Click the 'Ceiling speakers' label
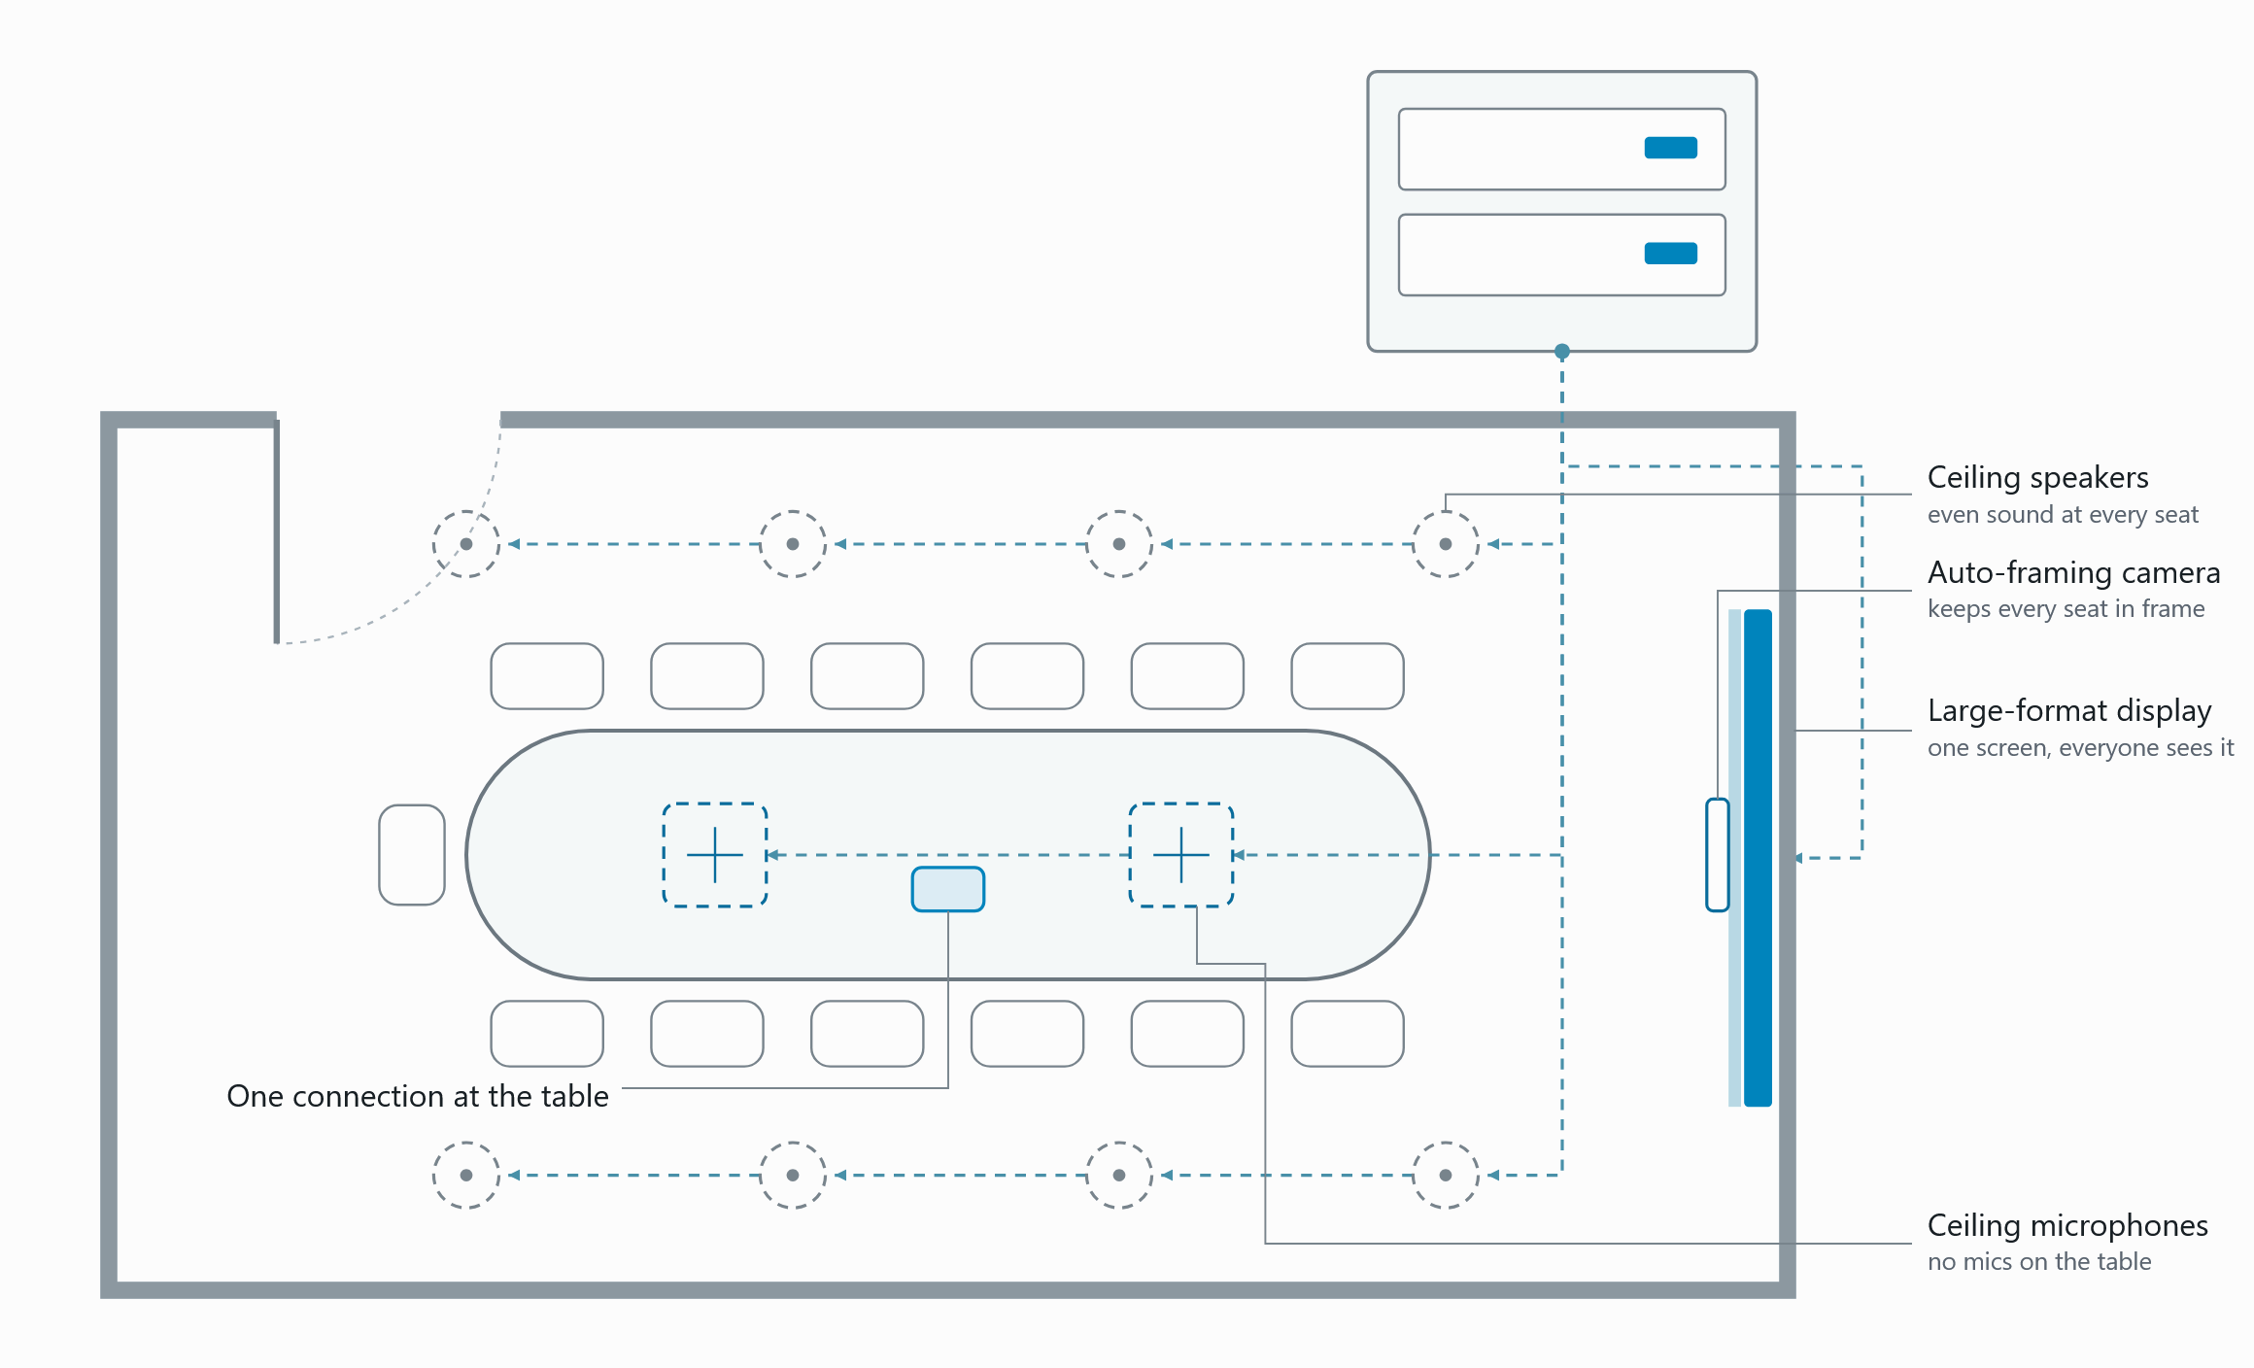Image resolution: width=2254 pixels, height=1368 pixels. pyautogui.click(x=2037, y=478)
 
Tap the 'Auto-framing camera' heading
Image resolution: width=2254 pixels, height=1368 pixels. pyautogui.click(x=2073, y=573)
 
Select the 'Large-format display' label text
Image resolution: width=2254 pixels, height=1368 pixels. pyautogui.click(x=2069, y=711)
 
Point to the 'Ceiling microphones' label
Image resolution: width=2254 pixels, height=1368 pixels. pyautogui.click(x=2067, y=1226)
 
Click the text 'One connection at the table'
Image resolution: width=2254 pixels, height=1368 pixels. pyautogui.click(x=418, y=1096)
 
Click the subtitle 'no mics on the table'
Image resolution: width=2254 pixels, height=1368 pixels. pyautogui.click(x=2039, y=1262)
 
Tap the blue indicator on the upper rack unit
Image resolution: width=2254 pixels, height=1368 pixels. pyautogui.click(x=1671, y=148)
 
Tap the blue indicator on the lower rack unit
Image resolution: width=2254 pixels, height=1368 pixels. pyautogui.click(x=1671, y=254)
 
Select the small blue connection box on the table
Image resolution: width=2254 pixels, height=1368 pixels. pyautogui.click(x=948, y=889)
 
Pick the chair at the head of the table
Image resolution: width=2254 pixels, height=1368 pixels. pyautogui.click(x=412, y=855)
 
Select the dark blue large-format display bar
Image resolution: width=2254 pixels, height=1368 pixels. pyautogui.click(x=1759, y=858)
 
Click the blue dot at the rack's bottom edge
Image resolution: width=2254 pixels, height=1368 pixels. pyautogui.click(x=1562, y=351)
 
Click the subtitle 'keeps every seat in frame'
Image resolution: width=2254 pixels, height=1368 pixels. pyautogui.click(x=2066, y=609)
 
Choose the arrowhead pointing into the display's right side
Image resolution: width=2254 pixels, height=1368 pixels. pyautogui.click(x=1800, y=858)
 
